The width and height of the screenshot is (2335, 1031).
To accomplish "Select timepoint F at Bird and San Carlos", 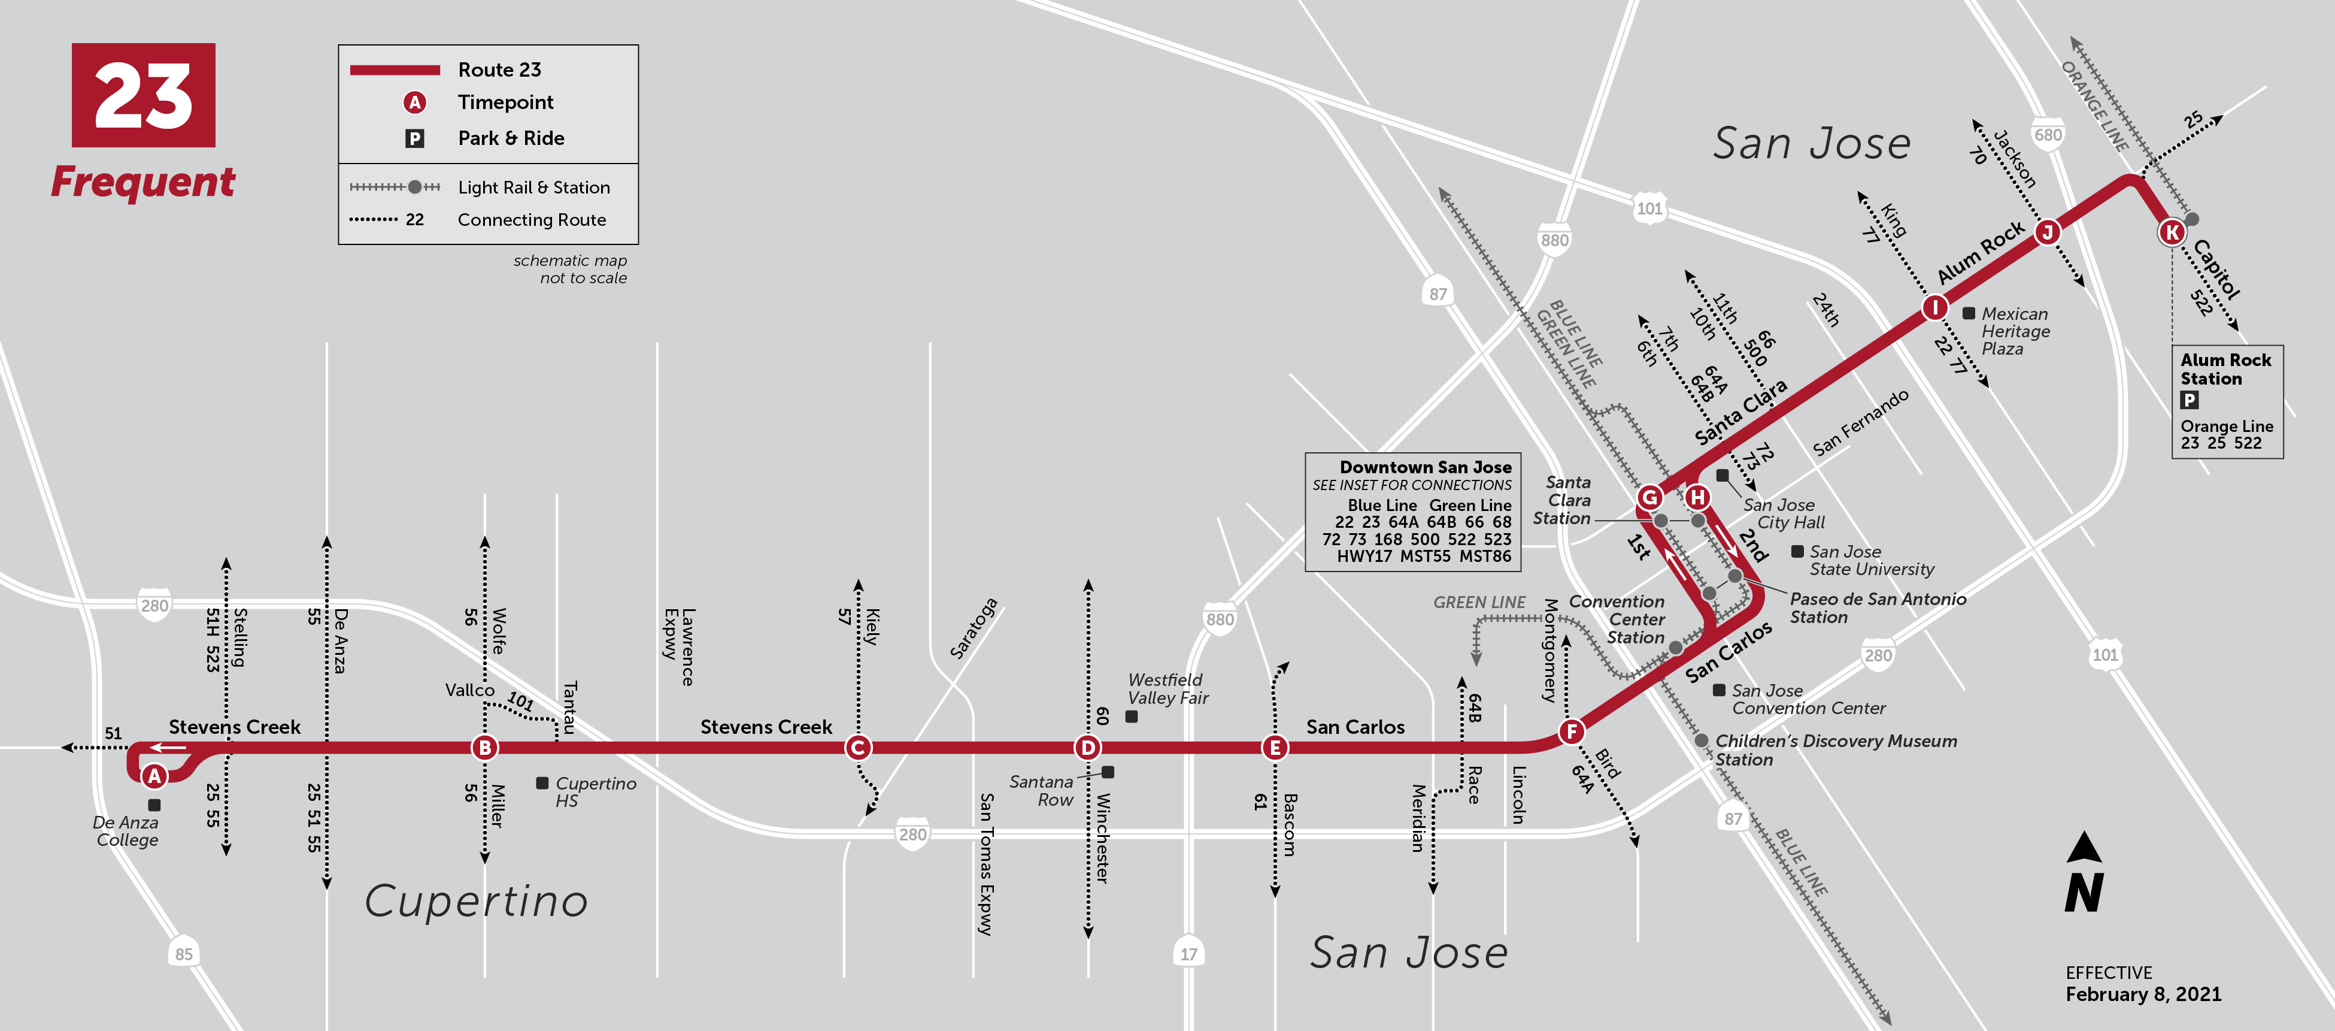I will [x=1571, y=732].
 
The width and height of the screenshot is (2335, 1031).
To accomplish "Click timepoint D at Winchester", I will [x=1087, y=748].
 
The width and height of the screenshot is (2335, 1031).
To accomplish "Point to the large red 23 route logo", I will [x=143, y=95].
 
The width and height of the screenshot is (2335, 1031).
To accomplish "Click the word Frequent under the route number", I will [x=143, y=182].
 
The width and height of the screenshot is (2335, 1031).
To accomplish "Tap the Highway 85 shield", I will [x=184, y=953].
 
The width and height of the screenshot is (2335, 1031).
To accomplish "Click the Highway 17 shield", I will [x=1188, y=953].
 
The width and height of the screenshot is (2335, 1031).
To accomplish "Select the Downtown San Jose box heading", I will [x=1425, y=467].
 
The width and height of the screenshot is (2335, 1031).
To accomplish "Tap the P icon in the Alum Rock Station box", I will [x=2189, y=400].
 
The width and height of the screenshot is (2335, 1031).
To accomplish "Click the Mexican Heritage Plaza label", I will [x=2014, y=331].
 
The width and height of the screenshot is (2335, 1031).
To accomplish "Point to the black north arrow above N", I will [x=2084, y=847].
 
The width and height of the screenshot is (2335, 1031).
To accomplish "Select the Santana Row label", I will [x=1042, y=791].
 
